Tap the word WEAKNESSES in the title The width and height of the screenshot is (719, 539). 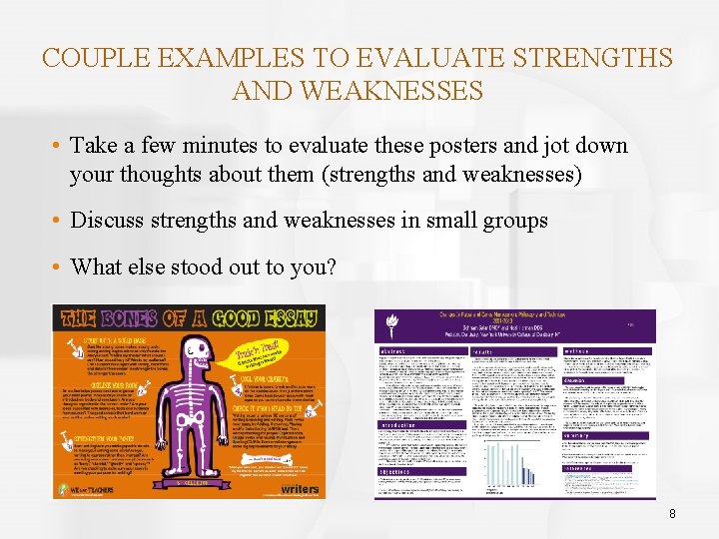[x=358, y=92]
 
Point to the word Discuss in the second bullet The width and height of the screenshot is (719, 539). [x=108, y=220]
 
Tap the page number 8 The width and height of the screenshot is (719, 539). [x=672, y=513]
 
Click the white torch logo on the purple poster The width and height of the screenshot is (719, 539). [x=391, y=320]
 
